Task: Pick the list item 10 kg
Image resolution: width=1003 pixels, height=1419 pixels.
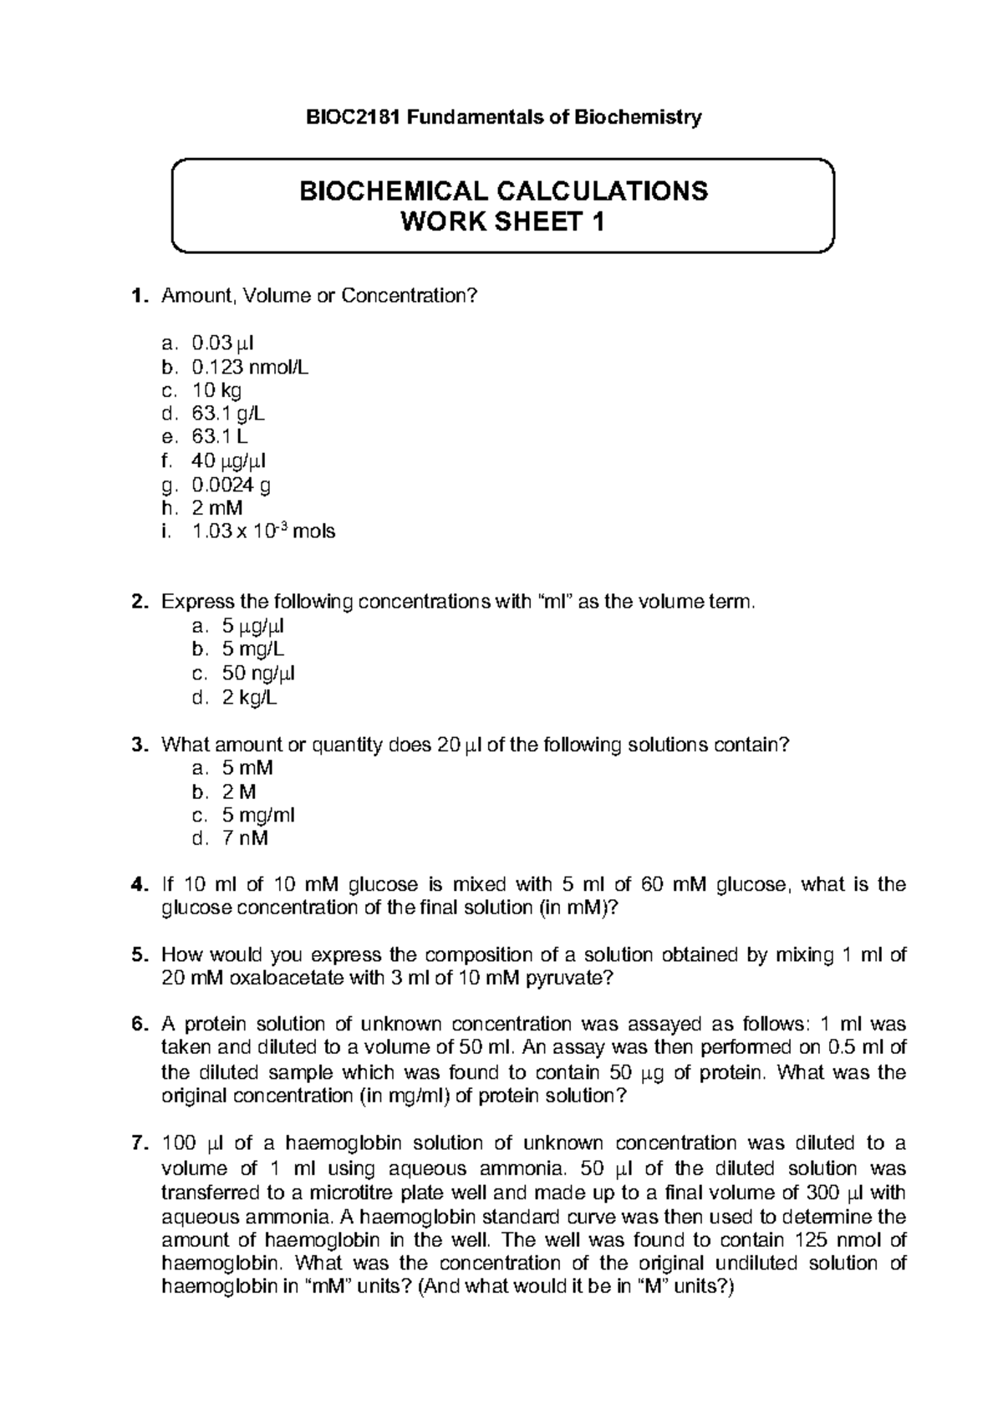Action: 216,389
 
